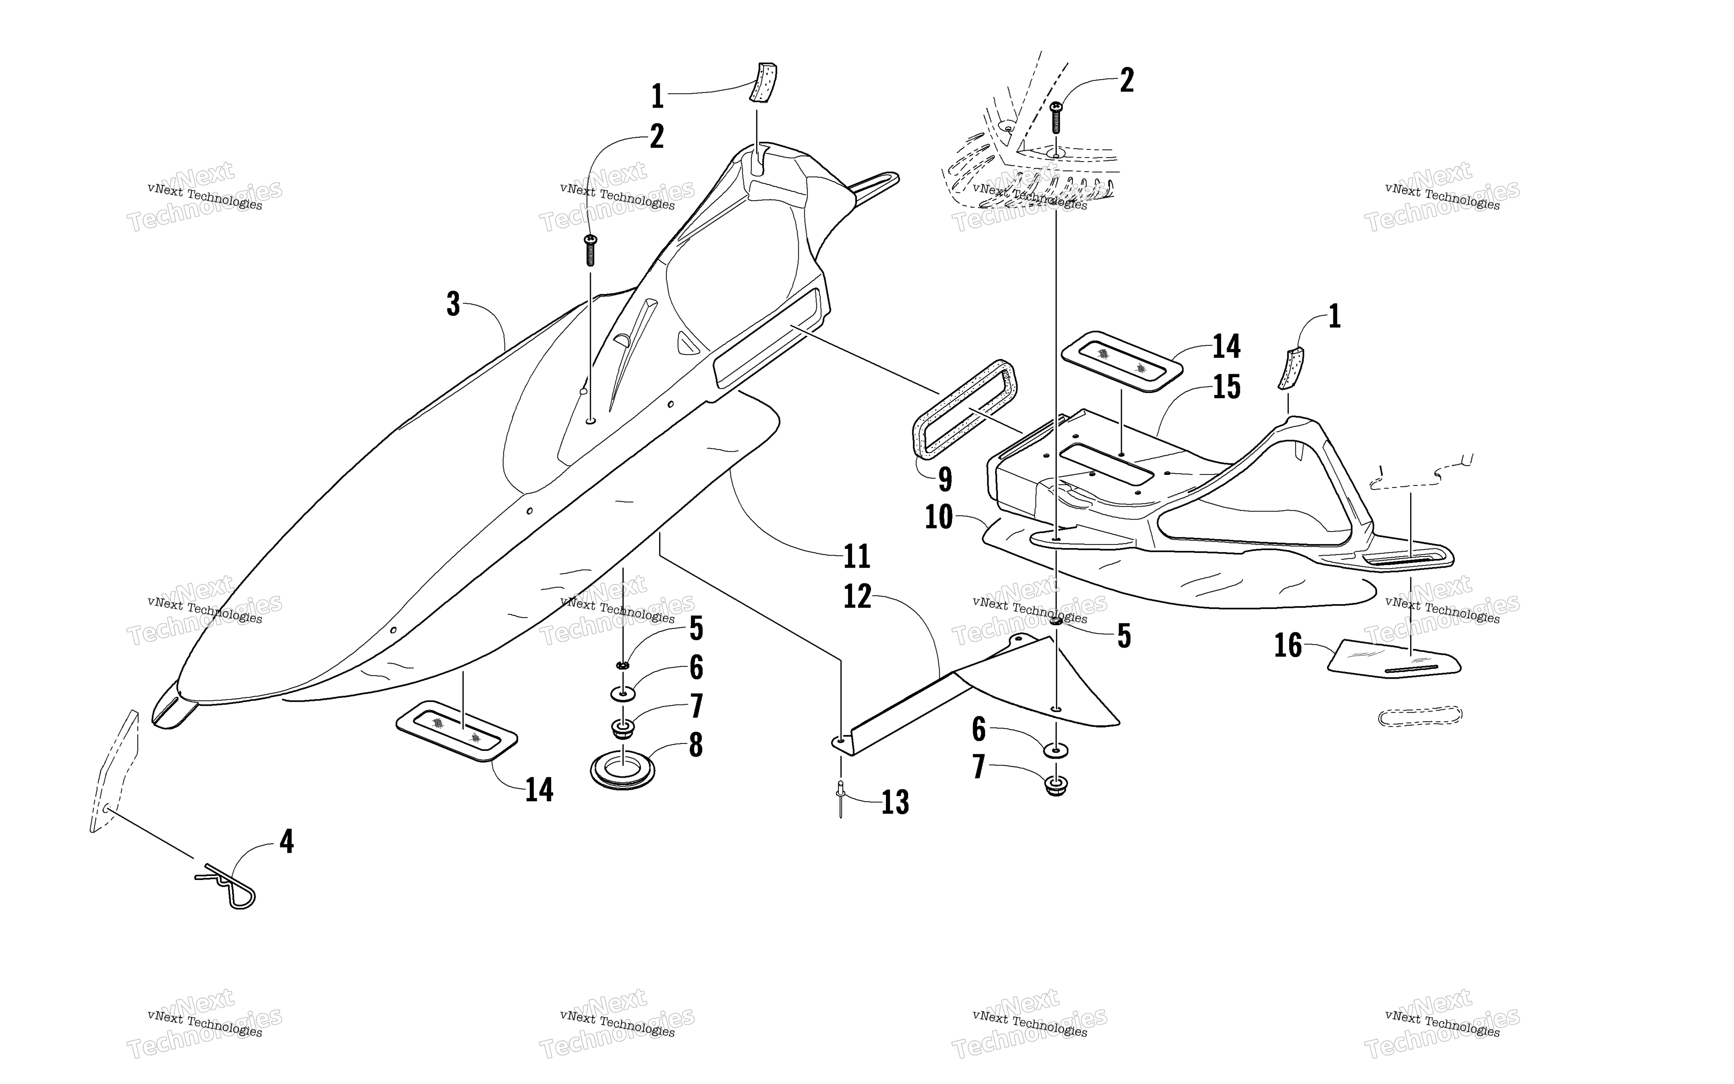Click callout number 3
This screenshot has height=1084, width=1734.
pos(453,304)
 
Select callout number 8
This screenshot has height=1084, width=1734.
pos(695,746)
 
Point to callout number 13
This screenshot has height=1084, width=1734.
pos(895,802)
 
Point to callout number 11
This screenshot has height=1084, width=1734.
pos(857,556)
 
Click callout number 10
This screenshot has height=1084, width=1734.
pos(939,517)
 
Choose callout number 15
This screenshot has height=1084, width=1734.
pos(1227,387)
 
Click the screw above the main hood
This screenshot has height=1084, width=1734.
pos(591,249)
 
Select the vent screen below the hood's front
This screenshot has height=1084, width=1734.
pos(456,729)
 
